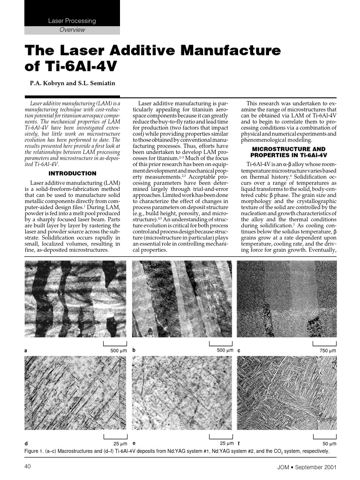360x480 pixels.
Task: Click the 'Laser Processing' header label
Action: pyautogui.click(x=72, y=21)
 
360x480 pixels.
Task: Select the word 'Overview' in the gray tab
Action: pyautogui.click(x=72, y=30)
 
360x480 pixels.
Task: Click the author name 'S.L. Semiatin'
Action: pyautogui.click(x=97, y=84)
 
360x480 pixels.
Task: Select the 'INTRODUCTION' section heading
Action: pyautogui.click(x=73, y=173)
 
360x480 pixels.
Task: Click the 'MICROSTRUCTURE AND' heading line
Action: pyautogui.click(x=289, y=149)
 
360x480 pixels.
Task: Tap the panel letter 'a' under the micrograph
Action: pyautogui.click(x=25, y=351)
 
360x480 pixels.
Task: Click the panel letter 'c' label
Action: pyautogui.click(x=239, y=351)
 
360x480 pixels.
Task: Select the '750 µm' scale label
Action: pyautogui.click(x=327, y=351)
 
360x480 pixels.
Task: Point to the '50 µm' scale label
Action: pyautogui.click(x=329, y=443)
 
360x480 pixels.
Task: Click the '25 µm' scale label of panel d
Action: pyautogui.click(x=120, y=443)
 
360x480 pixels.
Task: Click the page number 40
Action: pyautogui.click(x=27, y=467)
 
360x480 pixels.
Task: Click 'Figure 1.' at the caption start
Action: pyautogui.click(x=35, y=451)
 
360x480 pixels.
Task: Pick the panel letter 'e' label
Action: pyautogui.click(x=135, y=443)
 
